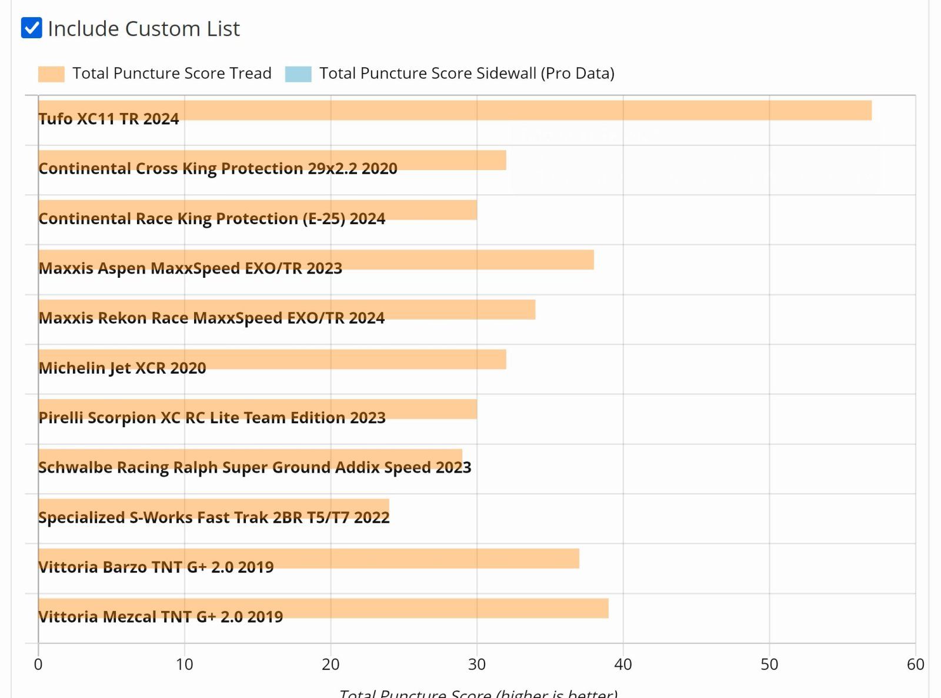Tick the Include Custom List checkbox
31,28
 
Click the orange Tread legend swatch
51,74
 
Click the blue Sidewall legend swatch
298,74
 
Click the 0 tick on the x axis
38,664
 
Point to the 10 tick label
184,664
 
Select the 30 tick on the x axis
477,664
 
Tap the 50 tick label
769,664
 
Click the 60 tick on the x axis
915,664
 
